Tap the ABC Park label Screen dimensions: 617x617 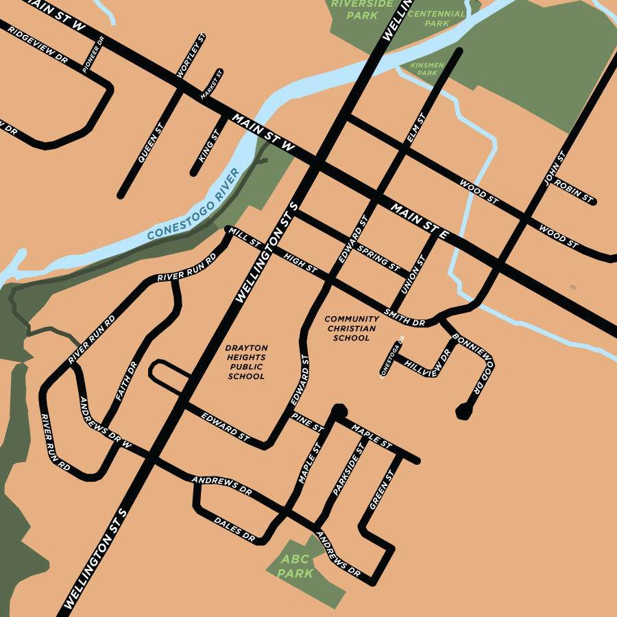pyautogui.click(x=295, y=566)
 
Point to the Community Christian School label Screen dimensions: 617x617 pyautogui.click(x=352, y=328)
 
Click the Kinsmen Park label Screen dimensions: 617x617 pyautogui.click(x=427, y=69)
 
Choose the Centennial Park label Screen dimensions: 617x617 pyautogui.click(x=437, y=18)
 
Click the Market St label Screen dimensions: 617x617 pyautogui.click(x=212, y=86)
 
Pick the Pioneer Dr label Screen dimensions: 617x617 pyautogui.click(x=93, y=56)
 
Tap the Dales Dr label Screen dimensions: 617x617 pyautogui.click(x=234, y=530)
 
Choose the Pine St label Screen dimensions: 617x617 pyautogui.click(x=306, y=422)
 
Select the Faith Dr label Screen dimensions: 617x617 pyautogui.click(x=127, y=382)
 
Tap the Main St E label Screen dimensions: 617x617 pyautogui.click(x=420, y=221)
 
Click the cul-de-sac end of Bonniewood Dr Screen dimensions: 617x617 pyautogui.click(x=464, y=411)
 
